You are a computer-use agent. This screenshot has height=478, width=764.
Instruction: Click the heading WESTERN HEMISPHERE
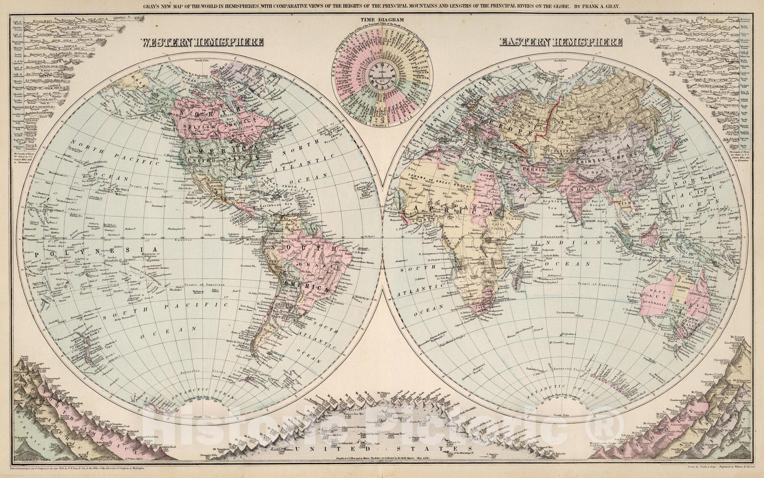[202, 42]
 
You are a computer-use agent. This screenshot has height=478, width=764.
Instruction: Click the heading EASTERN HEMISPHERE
[561, 42]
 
